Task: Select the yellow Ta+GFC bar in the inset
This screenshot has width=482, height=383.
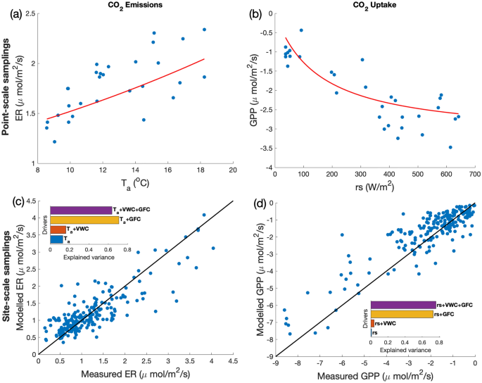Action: coord(84,220)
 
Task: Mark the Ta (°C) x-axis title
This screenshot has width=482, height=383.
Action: coord(137,186)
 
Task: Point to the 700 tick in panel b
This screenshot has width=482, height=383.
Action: coord(474,173)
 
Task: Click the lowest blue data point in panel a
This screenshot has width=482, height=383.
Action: coord(54,142)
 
